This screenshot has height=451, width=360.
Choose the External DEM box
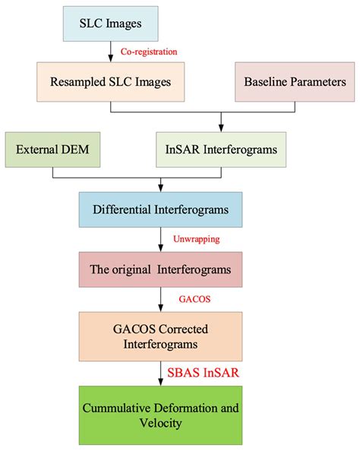coord(52,150)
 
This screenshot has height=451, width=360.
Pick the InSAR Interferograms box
coord(221,150)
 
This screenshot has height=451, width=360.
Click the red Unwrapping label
coord(197,238)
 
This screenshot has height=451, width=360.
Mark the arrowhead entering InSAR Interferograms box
coord(221,128)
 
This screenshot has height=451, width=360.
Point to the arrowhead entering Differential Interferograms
coord(161,188)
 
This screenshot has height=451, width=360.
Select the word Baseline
coord(265,81)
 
